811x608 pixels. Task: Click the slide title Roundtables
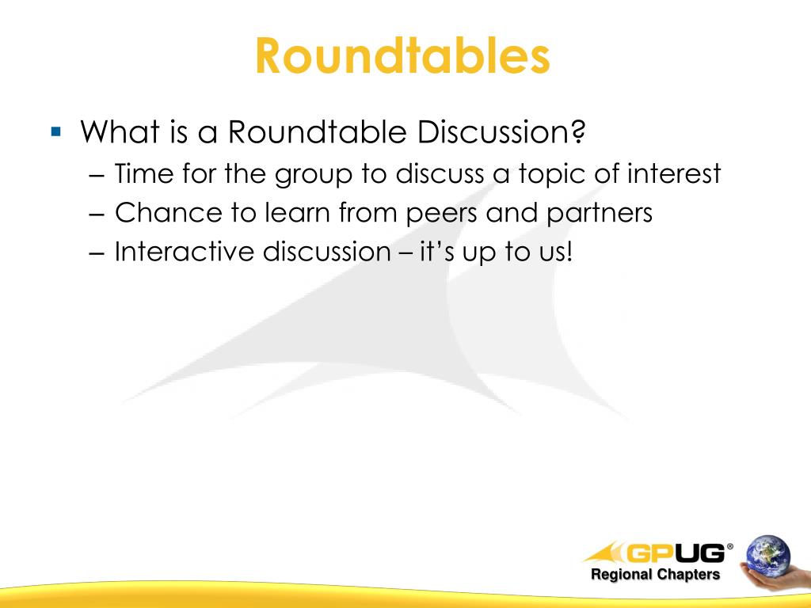click(x=402, y=56)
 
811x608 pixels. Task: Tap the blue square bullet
click(x=55, y=130)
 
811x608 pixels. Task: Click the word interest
click(x=674, y=173)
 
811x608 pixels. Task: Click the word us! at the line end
click(x=551, y=252)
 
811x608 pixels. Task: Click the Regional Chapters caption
click(x=655, y=575)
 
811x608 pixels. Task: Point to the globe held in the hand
click(x=767, y=556)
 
